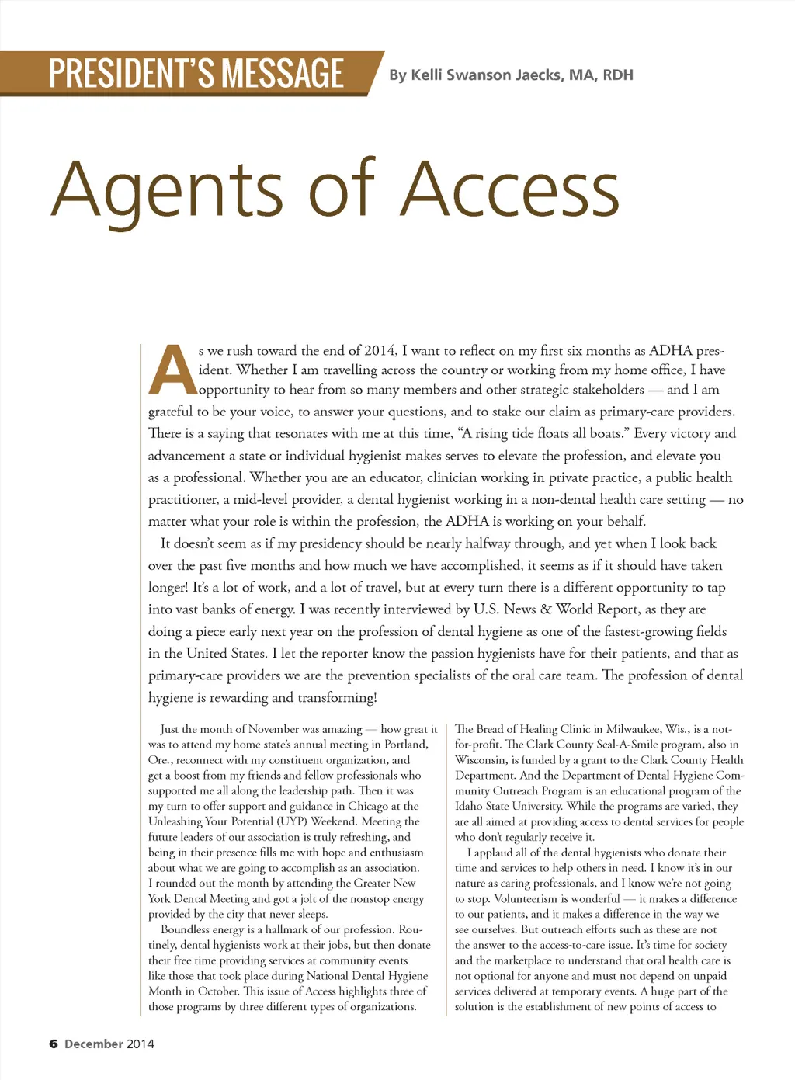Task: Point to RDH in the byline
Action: click(x=618, y=75)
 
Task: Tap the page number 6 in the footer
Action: click(x=54, y=1044)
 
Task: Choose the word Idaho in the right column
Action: click(x=469, y=806)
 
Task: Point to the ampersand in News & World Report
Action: click(x=546, y=609)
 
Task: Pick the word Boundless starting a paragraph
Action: click(x=185, y=930)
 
